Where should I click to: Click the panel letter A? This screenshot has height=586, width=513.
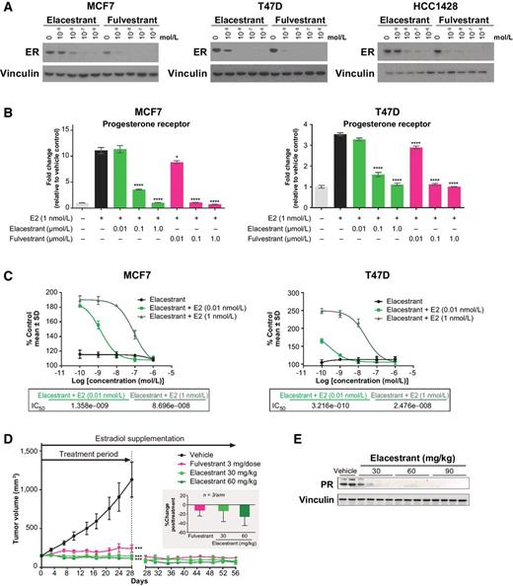(x=6, y=7)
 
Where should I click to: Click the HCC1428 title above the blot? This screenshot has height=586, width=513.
(x=426, y=8)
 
